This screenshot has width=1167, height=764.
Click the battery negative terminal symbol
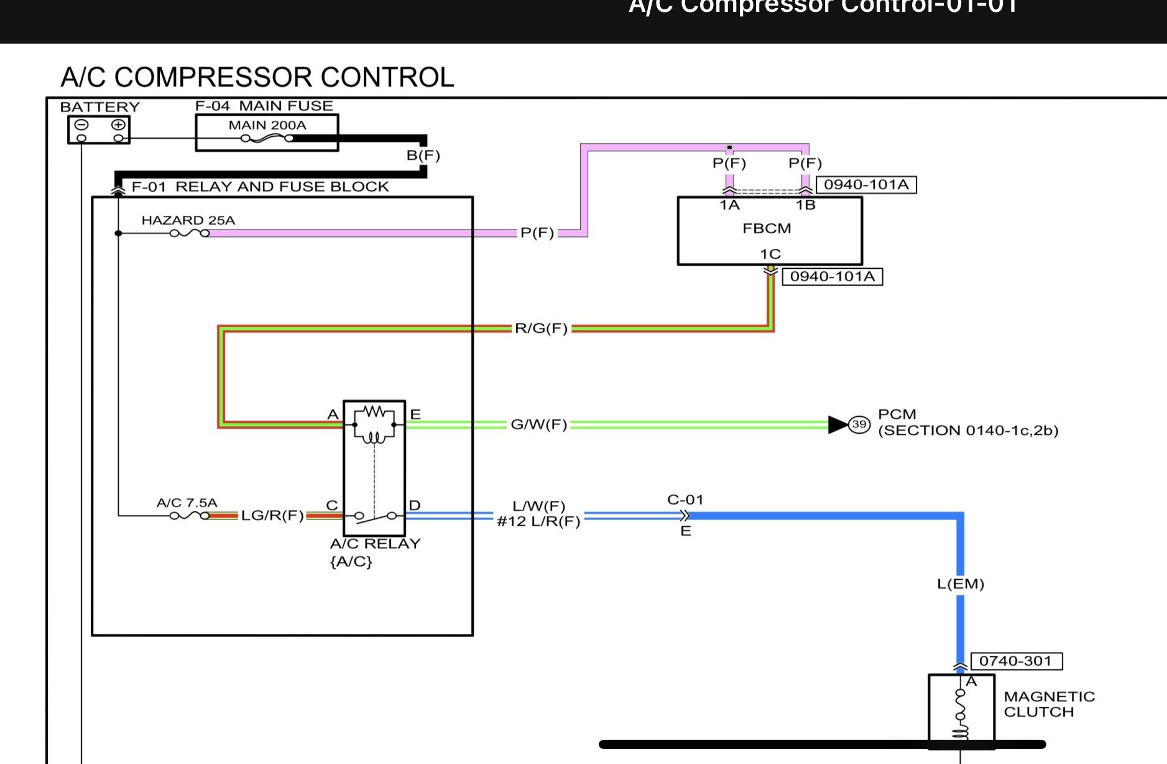pyautogui.click(x=81, y=124)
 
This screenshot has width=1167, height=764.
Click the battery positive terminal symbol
pyautogui.click(x=118, y=124)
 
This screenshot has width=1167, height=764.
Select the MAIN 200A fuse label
pyautogui.click(x=267, y=125)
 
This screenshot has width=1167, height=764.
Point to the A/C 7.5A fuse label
pyautogui.click(x=187, y=503)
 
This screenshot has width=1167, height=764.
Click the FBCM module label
pyautogui.click(x=767, y=228)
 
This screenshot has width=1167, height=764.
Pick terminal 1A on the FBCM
pyautogui.click(x=729, y=205)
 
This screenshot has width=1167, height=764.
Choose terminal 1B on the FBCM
pyautogui.click(x=805, y=205)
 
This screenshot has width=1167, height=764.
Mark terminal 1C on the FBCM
pyautogui.click(x=770, y=254)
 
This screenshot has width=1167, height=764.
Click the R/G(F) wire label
pyautogui.click(x=541, y=328)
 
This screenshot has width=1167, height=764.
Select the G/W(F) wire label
pyautogui.click(x=538, y=424)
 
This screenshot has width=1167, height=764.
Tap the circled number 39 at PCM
pyautogui.click(x=859, y=424)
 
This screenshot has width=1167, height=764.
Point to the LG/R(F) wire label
pyautogui.click(x=272, y=515)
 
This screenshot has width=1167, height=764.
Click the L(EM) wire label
pyautogui.click(x=960, y=584)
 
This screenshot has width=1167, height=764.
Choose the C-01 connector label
pyautogui.click(x=685, y=500)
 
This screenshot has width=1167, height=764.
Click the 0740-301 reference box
pyautogui.click(x=1016, y=661)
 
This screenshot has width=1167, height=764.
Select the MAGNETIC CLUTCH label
pyautogui.click(x=1049, y=704)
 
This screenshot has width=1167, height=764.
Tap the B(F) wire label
pyautogui.click(x=423, y=155)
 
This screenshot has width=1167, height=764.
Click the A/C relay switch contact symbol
pyautogui.click(x=375, y=515)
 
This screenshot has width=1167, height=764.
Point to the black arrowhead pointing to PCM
pyautogui.click(x=838, y=424)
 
